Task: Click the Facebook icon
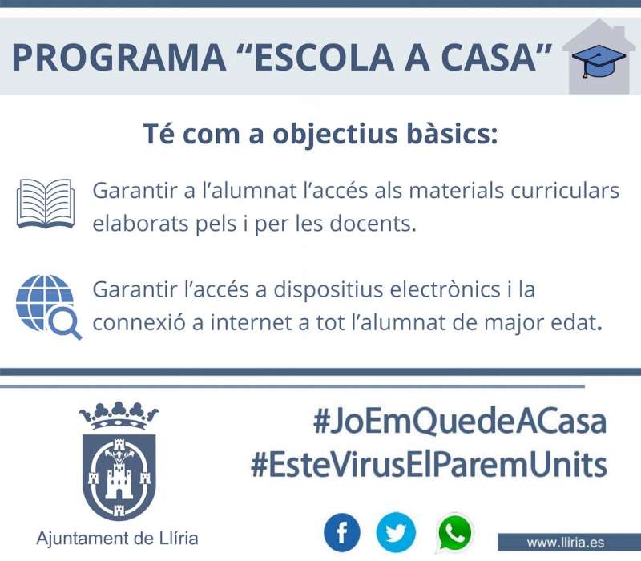(342, 533)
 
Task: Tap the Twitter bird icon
(396, 533)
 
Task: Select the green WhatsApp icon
(454, 532)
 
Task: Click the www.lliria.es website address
(566, 543)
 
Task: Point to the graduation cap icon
(599, 60)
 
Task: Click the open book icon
(46, 204)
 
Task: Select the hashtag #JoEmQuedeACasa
(459, 422)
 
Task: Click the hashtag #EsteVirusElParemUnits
(429, 465)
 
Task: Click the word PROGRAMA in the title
(119, 57)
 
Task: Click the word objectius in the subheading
(335, 135)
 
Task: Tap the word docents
(373, 224)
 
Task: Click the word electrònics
(445, 289)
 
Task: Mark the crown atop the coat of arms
(119, 415)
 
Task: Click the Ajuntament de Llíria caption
(117, 538)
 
